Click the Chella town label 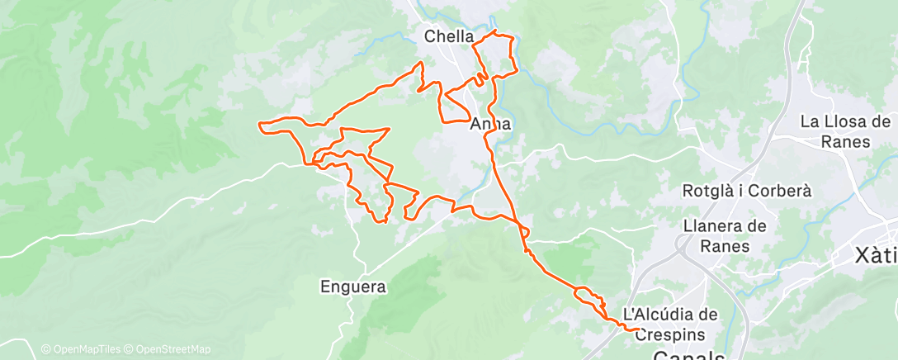point(449,36)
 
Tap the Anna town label point(491,126)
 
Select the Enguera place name point(353,287)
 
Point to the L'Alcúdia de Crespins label point(669,324)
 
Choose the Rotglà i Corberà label point(747,191)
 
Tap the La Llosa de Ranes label point(846,131)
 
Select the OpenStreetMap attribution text point(173,349)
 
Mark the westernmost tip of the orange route point(260,125)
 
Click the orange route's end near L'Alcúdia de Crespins point(640,330)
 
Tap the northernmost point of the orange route point(494,31)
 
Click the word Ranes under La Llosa point(846,141)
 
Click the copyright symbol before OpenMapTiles point(46,349)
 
